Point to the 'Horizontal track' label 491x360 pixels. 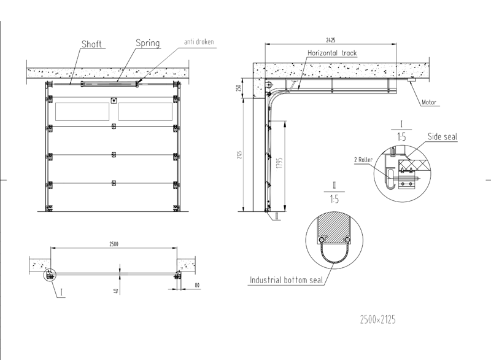[x=331, y=53]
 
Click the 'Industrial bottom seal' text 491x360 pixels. [x=286, y=281]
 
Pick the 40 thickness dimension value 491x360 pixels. [x=115, y=290]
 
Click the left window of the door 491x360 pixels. [x=82, y=111]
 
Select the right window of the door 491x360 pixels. [x=145, y=111]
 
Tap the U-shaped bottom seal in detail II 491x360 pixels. [x=335, y=256]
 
